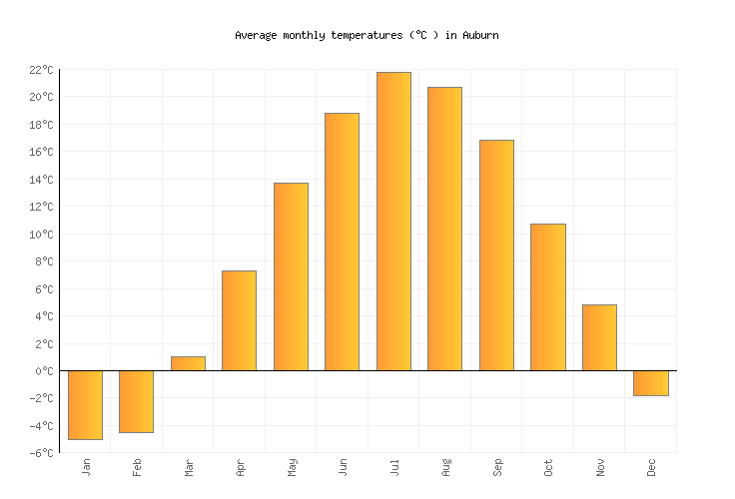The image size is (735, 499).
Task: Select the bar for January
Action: click(85, 404)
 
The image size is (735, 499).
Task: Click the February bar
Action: click(136, 401)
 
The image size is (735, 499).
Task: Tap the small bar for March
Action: click(188, 363)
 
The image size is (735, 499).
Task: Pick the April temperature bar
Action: click(239, 320)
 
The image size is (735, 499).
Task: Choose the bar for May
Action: click(291, 276)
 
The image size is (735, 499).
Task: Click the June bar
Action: click(342, 242)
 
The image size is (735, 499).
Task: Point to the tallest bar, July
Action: click(393, 222)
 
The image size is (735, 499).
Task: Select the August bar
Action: click(444, 229)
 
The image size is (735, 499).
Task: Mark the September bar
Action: click(496, 255)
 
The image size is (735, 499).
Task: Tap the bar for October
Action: click(547, 297)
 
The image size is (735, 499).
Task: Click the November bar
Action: click(599, 337)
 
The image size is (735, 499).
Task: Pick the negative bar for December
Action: click(650, 383)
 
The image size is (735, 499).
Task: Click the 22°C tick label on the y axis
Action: click(41, 70)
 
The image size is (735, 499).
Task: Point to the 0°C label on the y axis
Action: click(45, 371)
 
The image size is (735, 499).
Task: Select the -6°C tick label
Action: click(41, 453)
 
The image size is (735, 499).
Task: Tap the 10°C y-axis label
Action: click(41, 235)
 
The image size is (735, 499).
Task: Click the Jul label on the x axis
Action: click(394, 466)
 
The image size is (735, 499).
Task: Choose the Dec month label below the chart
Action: click(651, 467)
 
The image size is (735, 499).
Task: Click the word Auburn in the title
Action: click(479, 35)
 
